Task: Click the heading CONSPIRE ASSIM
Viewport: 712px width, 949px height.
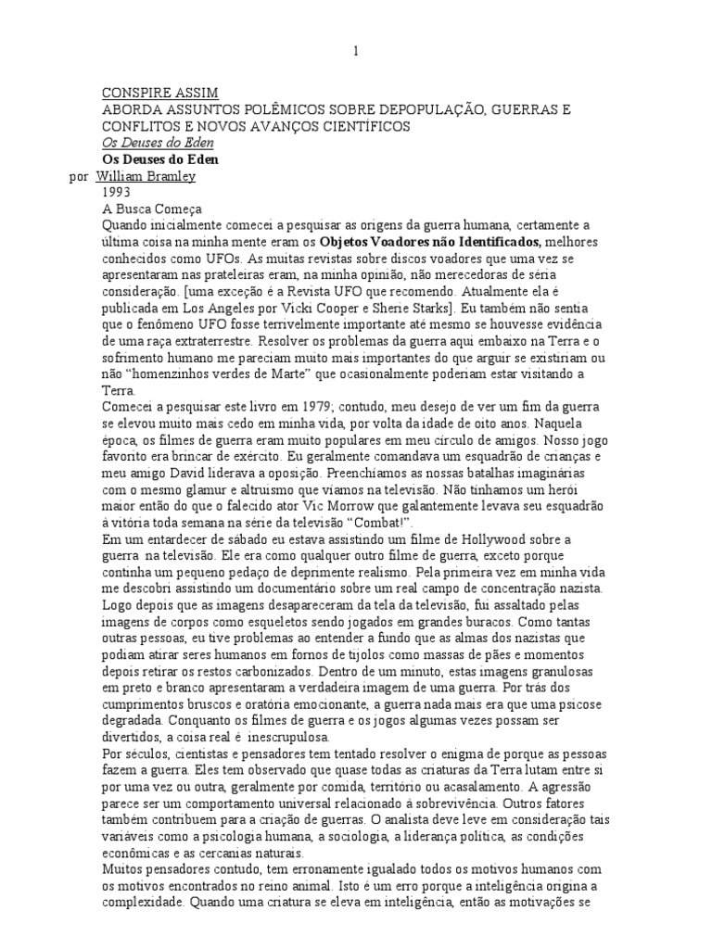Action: point(159,94)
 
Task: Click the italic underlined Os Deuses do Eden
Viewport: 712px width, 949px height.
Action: point(157,143)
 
